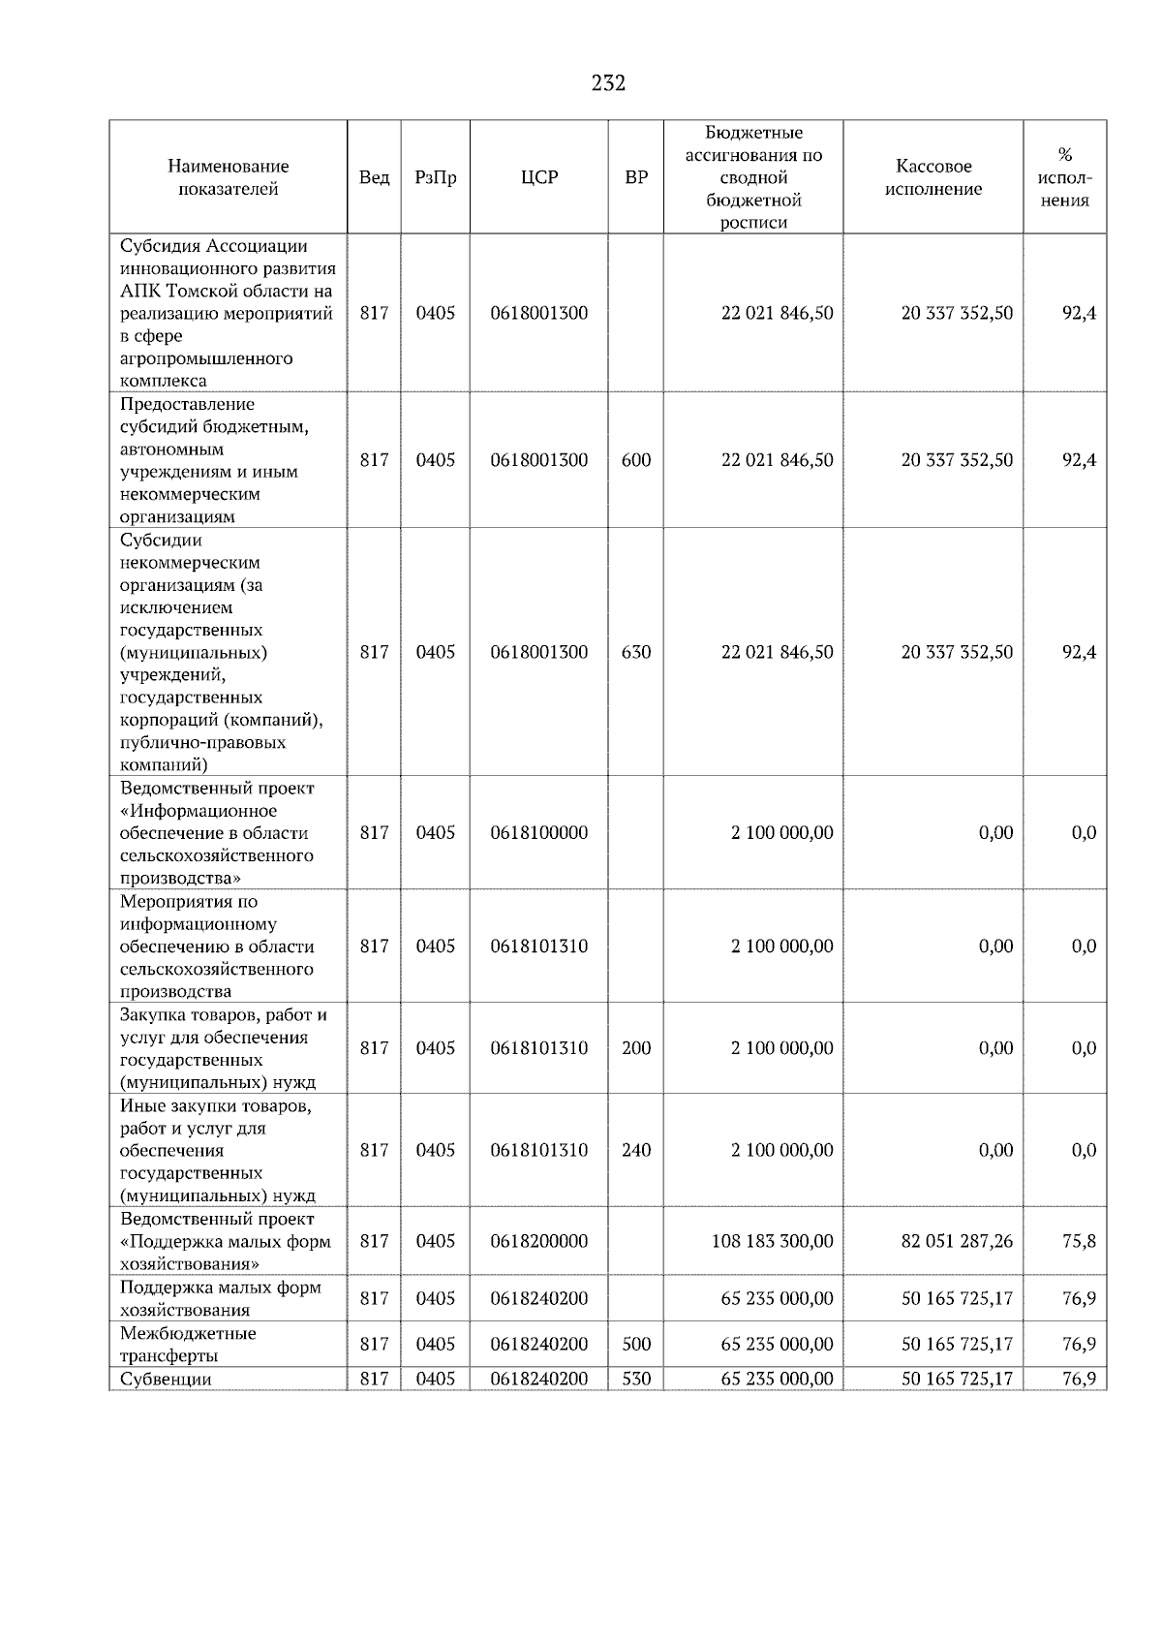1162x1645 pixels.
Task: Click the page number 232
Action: pos(608,83)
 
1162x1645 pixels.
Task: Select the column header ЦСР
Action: pos(539,177)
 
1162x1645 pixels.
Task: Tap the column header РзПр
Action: pos(435,177)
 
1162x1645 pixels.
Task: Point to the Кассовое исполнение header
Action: pos(933,177)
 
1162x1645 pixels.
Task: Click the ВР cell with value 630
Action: pos(636,652)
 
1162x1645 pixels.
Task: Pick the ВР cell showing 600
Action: pos(636,460)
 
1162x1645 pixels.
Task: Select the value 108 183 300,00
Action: pos(772,1241)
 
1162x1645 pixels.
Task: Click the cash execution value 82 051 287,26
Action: pos(957,1241)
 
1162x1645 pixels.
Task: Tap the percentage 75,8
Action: pos(1079,1241)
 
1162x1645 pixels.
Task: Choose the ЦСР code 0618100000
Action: pos(539,832)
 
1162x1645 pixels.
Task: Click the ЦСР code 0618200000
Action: pos(539,1241)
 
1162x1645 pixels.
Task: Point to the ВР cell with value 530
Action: pos(636,1379)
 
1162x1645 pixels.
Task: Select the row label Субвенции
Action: pos(166,1380)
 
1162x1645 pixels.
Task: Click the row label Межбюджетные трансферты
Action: pos(188,1345)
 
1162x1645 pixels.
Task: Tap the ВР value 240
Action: pos(636,1150)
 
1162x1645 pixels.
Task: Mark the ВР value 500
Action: pos(636,1344)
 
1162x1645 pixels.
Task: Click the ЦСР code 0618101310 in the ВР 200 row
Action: pos(539,1048)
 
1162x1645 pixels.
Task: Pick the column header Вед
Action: pos(374,177)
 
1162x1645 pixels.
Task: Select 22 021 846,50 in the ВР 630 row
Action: pos(777,652)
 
